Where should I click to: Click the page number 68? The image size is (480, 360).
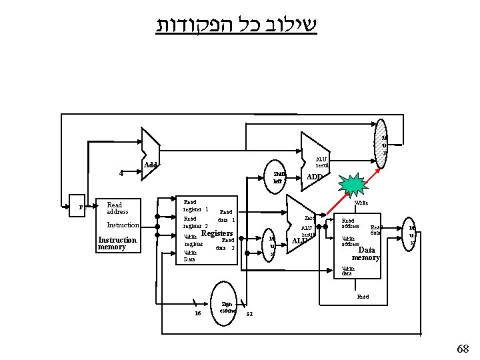[462, 348]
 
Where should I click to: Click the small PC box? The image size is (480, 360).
[81, 207]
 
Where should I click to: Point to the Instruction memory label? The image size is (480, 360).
[117, 244]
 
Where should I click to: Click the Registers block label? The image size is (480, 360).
[217, 233]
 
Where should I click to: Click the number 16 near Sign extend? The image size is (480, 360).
[197, 313]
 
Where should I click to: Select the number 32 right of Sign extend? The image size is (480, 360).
[250, 313]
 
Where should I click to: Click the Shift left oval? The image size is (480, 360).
[278, 176]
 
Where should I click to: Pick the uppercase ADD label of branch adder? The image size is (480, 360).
[314, 177]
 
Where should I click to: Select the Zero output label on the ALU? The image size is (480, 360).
[309, 218]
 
